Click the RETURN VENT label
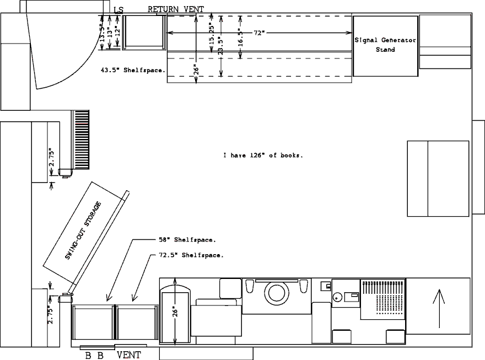(176, 9)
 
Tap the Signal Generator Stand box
(385, 46)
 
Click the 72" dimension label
(260, 33)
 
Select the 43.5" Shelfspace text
(133, 70)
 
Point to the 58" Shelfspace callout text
(187, 240)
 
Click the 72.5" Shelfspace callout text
(191, 255)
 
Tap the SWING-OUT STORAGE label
(83, 230)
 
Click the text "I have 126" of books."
(263, 155)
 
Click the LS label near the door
(118, 10)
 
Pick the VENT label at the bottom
(128, 355)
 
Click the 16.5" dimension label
(241, 37)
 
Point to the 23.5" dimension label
(221, 46)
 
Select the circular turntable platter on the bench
(277, 292)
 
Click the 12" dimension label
(117, 31)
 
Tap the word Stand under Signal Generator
(385, 50)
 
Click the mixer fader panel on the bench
(383, 299)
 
